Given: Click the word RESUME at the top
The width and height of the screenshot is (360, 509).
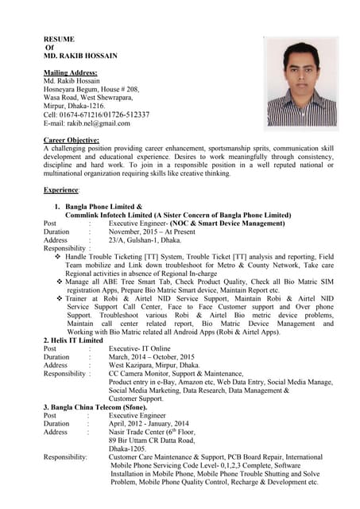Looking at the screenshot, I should (59, 38).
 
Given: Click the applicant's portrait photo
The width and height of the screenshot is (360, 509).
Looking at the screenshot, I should (300, 83).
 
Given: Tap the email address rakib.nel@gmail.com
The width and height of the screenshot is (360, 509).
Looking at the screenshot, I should (87, 123).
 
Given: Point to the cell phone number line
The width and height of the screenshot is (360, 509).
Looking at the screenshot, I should (96, 115).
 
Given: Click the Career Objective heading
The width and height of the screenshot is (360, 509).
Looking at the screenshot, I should (76, 140).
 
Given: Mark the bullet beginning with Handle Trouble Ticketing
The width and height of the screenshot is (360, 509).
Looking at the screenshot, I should (199, 258).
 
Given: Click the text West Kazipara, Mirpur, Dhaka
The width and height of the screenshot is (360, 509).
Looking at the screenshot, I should (155, 365).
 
